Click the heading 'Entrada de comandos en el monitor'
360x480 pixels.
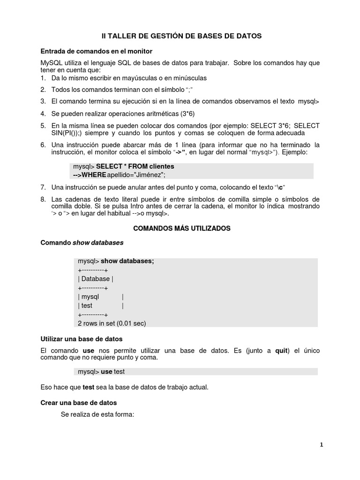click(x=97, y=51)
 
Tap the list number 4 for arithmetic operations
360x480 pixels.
click(x=43, y=113)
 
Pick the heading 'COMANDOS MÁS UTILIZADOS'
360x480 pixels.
click(x=182, y=228)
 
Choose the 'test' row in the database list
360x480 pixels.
click(x=87, y=306)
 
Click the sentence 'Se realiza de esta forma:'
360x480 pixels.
click(x=97, y=414)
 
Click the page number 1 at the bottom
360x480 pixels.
click(x=322, y=445)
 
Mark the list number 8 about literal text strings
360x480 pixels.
click(x=43, y=199)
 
